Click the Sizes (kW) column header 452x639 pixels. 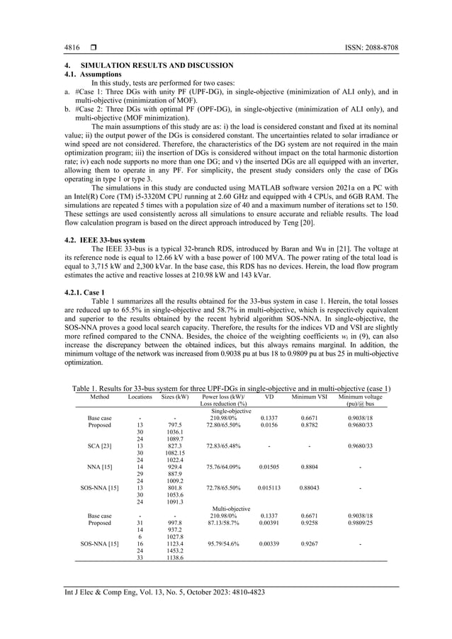[174, 397]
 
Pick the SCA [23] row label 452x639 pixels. [99, 445]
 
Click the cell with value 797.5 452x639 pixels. [174, 424]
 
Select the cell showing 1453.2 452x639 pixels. [174, 550]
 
